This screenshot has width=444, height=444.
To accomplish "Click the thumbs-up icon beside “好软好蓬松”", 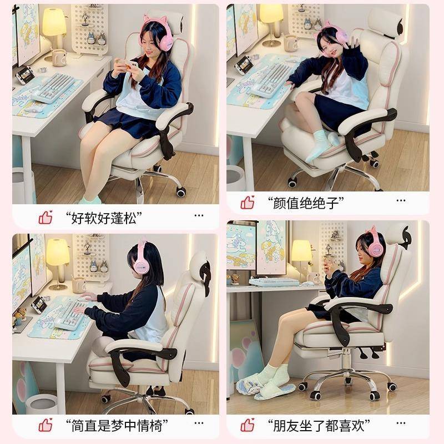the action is click(46, 218).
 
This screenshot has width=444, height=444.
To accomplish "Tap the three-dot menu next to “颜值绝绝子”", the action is click(401, 200).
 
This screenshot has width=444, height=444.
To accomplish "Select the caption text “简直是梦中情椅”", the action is click(117, 426).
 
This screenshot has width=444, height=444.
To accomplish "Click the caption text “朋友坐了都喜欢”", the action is click(319, 426).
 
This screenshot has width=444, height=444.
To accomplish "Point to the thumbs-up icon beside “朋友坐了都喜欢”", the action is click(248, 425).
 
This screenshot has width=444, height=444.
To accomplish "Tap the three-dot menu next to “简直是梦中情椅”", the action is click(199, 423).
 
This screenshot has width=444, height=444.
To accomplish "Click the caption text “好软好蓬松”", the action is click(104, 218).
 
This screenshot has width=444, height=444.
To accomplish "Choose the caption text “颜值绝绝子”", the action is click(306, 203).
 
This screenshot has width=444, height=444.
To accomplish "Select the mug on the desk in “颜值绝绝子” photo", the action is click(290, 43).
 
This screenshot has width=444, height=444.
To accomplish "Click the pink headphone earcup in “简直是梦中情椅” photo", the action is click(141, 266).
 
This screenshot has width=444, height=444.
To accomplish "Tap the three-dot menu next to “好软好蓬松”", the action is click(199, 215).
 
